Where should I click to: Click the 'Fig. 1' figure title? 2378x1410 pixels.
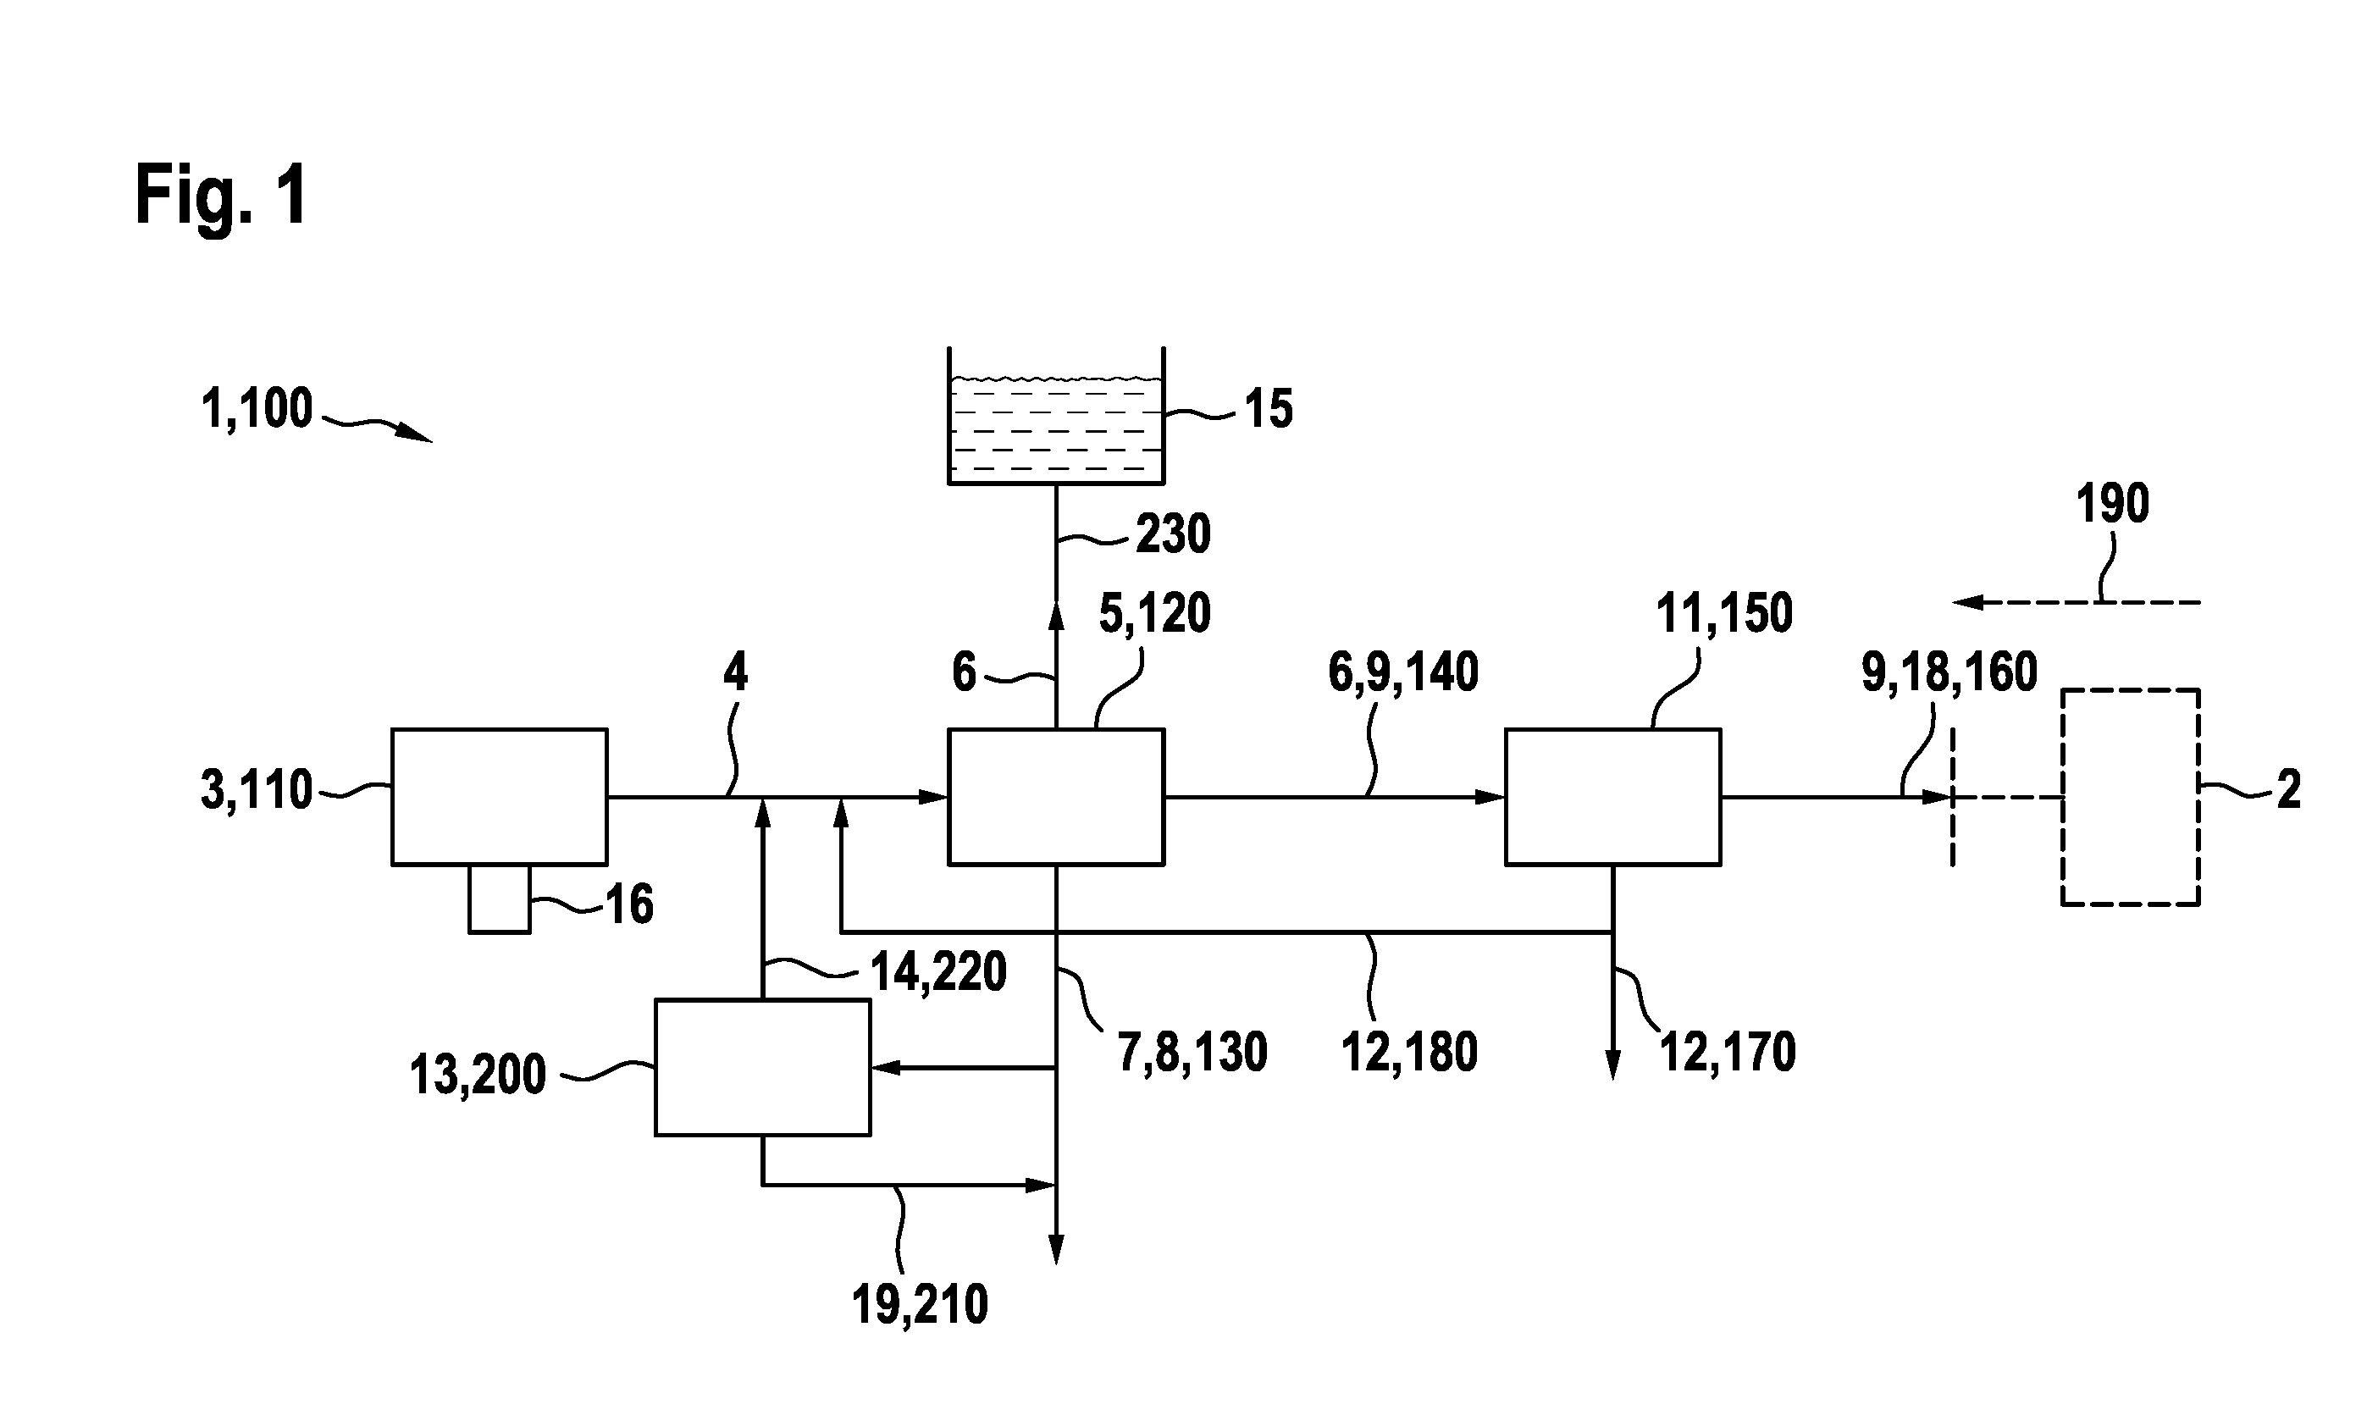pos(221,195)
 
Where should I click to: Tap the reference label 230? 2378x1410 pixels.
pos(1173,534)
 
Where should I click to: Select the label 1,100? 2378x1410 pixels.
pos(257,410)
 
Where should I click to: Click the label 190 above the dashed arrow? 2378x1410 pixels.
pos(2113,504)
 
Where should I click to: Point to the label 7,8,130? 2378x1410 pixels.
pos(1192,1053)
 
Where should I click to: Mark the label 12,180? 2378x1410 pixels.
pos(1410,1053)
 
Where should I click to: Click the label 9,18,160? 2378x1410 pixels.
pos(1949,672)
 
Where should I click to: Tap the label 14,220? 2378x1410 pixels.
pos(938,972)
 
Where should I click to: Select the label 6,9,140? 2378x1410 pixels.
pos(1403,672)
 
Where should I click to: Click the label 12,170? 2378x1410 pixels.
pos(1728,1053)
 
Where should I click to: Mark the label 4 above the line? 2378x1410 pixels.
pos(735,672)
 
